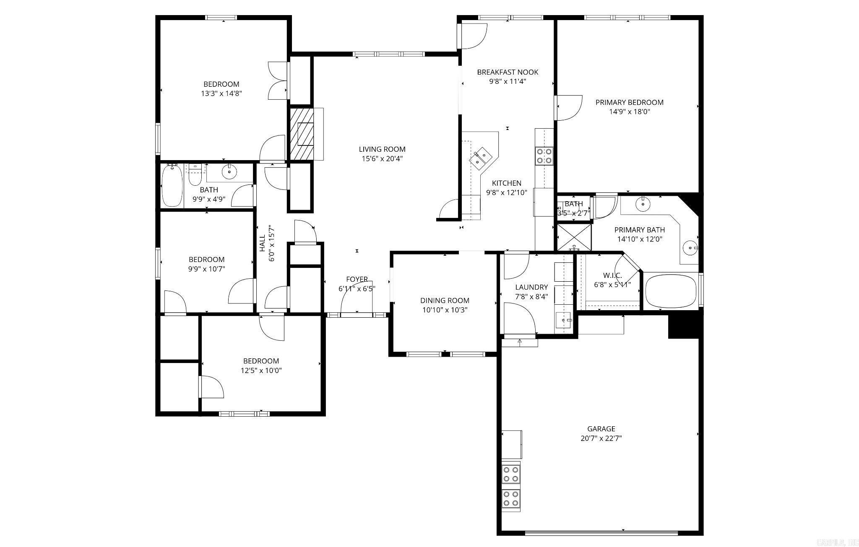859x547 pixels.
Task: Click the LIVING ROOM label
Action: [x=382, y=149]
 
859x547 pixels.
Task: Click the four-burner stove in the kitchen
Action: [x=544, y=156]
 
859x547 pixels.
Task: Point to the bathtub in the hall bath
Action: [x=172, y=186]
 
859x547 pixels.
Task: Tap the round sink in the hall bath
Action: [x=229, y=171]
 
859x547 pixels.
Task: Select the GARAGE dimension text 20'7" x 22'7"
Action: [x=601, y=438]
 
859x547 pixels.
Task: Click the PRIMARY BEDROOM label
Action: [x=629, y=102]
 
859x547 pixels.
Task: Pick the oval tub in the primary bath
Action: [x=671, y=291]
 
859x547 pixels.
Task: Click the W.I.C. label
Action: [x=612, y=275]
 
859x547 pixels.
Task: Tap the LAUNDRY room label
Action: [x=531, y=287]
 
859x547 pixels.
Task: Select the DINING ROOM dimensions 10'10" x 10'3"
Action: [x=445, y=310]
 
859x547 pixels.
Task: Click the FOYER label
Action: [x=357, y=279]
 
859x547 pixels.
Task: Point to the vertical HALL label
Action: [x=262, y=243]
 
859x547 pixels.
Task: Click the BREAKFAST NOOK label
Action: [x=507, y=72]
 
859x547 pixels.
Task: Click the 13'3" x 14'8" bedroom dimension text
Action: [x=221, y=93]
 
